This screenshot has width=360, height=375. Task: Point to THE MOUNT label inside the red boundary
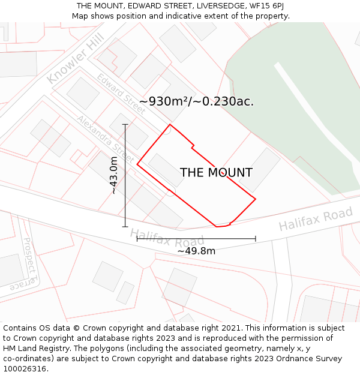point(216,173)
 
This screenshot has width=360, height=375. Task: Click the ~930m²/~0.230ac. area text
point(196,101)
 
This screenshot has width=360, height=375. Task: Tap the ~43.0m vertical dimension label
point(113,175)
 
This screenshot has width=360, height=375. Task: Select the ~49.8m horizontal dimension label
point(196,251)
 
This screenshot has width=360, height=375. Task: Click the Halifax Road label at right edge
point(316,219)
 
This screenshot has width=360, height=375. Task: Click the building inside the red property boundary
point(166,171)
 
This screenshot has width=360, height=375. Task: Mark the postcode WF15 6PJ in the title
point(265,6)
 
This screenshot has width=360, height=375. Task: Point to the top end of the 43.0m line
point(125,124)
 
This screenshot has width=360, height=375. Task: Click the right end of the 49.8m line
point(256,239)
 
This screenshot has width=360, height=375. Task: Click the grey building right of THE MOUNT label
point(259,170)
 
